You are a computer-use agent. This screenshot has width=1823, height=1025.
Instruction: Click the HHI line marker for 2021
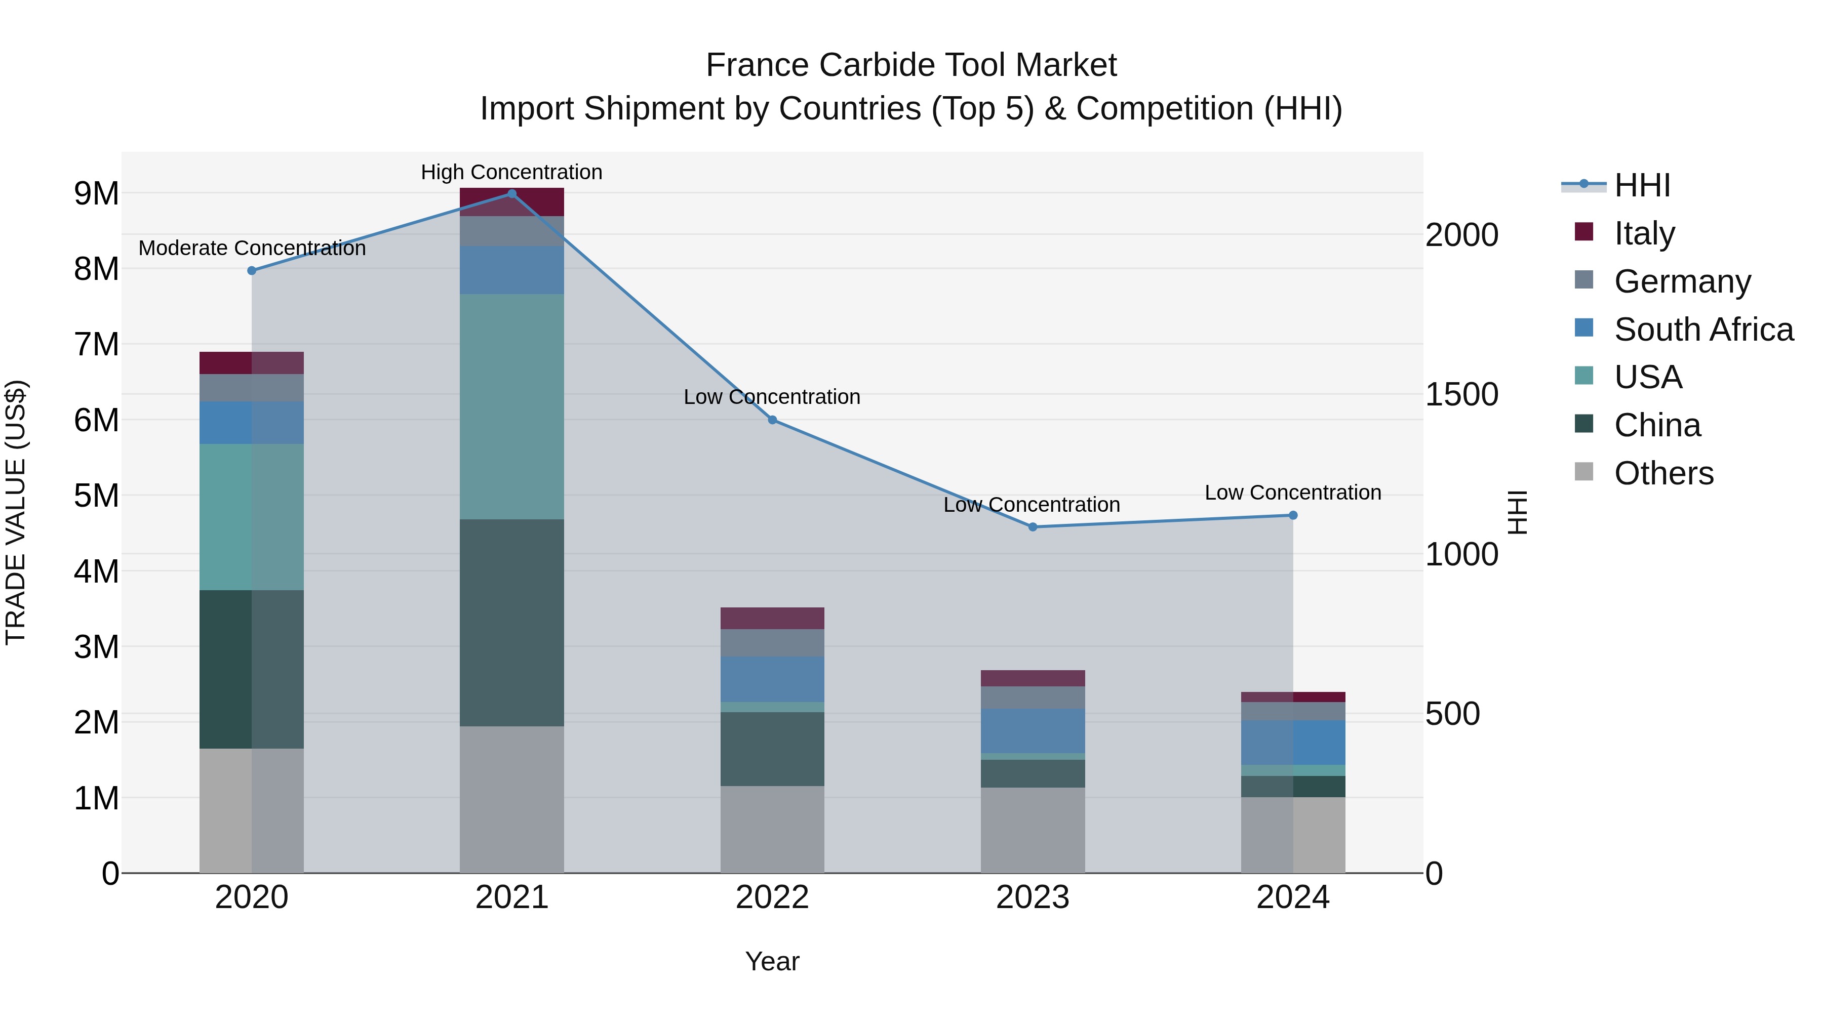pyautogui.click(x=511, y=194)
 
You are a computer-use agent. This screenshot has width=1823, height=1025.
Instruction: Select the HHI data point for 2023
pyautogui.click(x=1033, y=527)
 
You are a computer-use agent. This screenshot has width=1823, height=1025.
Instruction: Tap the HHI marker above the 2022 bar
pyautogui.click(x=772, y=420)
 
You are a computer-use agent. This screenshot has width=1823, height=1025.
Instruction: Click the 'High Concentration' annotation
pyautogui.click(x=511, y=173)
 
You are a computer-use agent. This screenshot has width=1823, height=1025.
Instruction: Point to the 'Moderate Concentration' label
pyautogui.click(x=252, y=249)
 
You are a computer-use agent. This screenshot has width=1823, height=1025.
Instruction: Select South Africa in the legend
pyautogui.click(x=1703, y=330)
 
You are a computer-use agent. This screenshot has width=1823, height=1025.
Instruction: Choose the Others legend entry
pyautogui.click(x=1664, y=473)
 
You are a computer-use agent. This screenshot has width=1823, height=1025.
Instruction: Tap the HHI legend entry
pyautogui.click(x=1642, y=185)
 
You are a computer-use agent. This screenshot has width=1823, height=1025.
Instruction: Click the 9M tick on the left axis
pyautogui.click(x=96, y=194)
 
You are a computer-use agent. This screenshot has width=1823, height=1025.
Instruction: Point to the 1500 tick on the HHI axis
pyautogui.click(x=1461, y=395)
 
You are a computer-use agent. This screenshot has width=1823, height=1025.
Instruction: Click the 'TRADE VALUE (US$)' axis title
pyautogui.click(x=16, y=513)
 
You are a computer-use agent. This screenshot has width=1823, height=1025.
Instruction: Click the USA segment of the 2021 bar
pyautogui.click(x=511, y=407)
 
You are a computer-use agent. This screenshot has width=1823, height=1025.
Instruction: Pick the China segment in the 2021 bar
pyautogui.click(x=511, y=623)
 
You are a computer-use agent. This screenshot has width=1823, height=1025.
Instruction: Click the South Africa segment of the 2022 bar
pyautogui.click(x=772, y=679)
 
